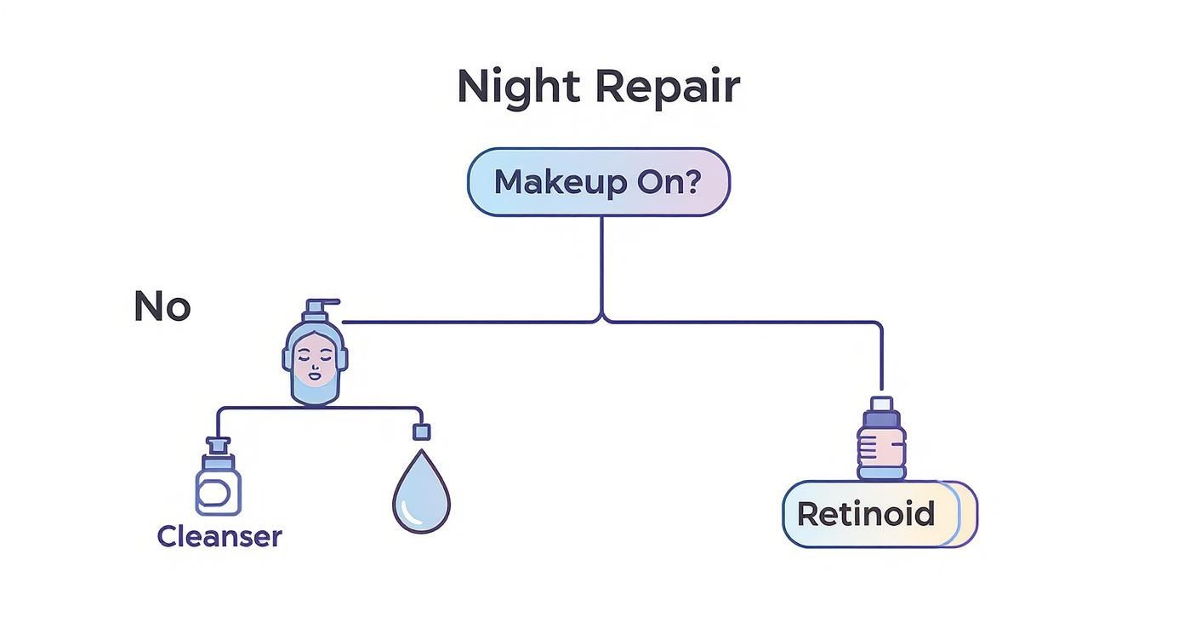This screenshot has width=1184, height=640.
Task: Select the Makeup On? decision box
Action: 598,182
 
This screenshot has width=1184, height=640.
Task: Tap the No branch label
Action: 162,306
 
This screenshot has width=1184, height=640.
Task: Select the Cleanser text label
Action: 219,537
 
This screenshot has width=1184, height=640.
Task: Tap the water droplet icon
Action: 421,494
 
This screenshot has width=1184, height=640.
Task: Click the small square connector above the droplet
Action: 421,431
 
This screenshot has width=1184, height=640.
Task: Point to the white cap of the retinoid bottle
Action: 881,403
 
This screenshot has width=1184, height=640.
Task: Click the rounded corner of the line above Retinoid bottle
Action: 877,325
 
